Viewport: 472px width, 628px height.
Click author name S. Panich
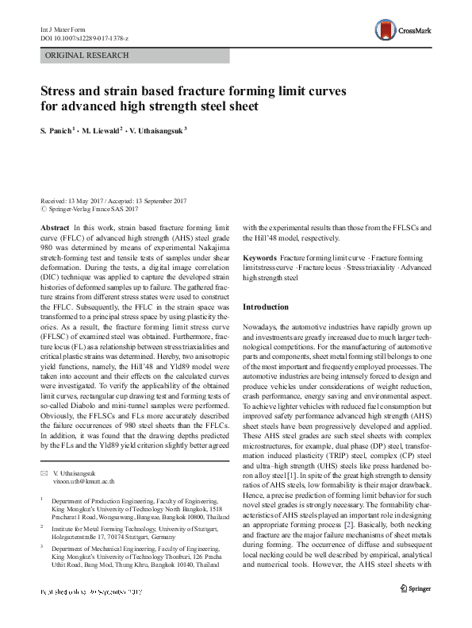coord(57,130)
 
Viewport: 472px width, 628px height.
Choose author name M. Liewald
coord(101,130)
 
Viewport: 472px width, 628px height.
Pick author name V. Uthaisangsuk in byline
coord(156,130)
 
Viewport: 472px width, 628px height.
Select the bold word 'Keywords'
coord(259,259)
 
